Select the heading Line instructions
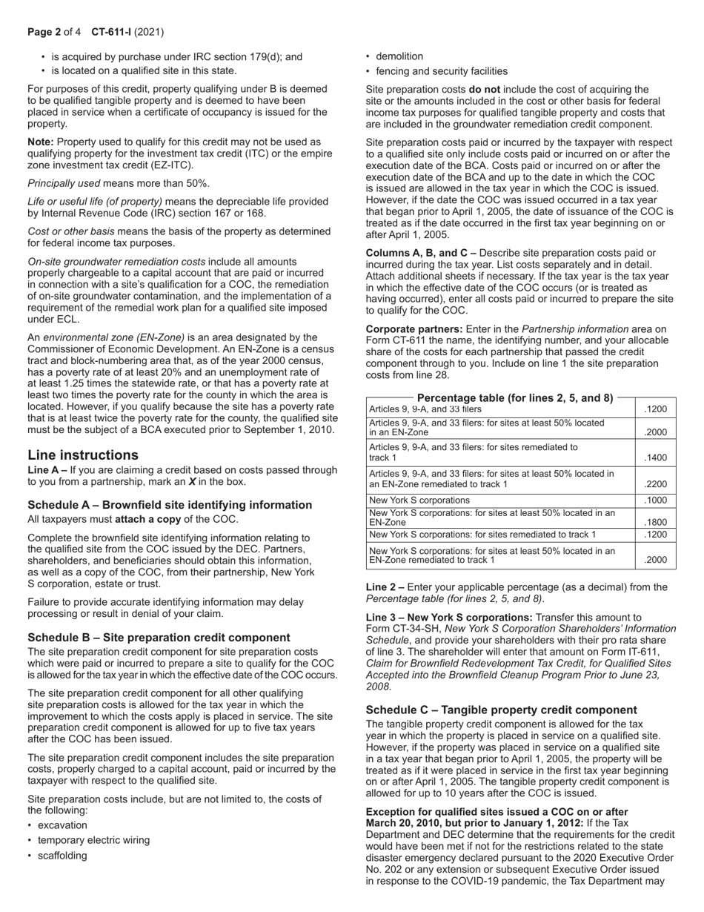(x=83, y=455)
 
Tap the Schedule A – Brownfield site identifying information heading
(x=170, y=505)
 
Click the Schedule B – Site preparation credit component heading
(x=159, y=638)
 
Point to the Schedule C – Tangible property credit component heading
(x=501, y=710)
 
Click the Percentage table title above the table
(x=515, y=397)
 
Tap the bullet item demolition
(x=399, y=56)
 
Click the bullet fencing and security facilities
(x=442, y=71)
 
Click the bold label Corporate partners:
(x=414, y=329)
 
